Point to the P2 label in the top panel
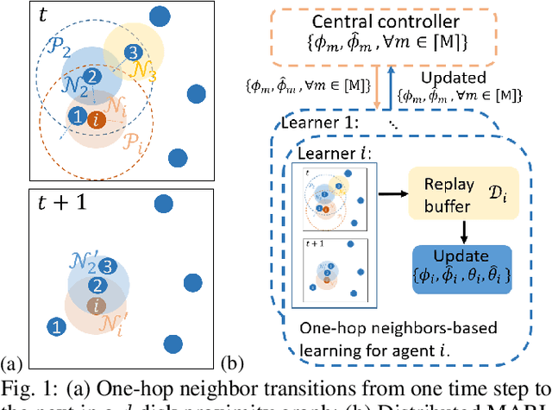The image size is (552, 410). pos(56,47)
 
